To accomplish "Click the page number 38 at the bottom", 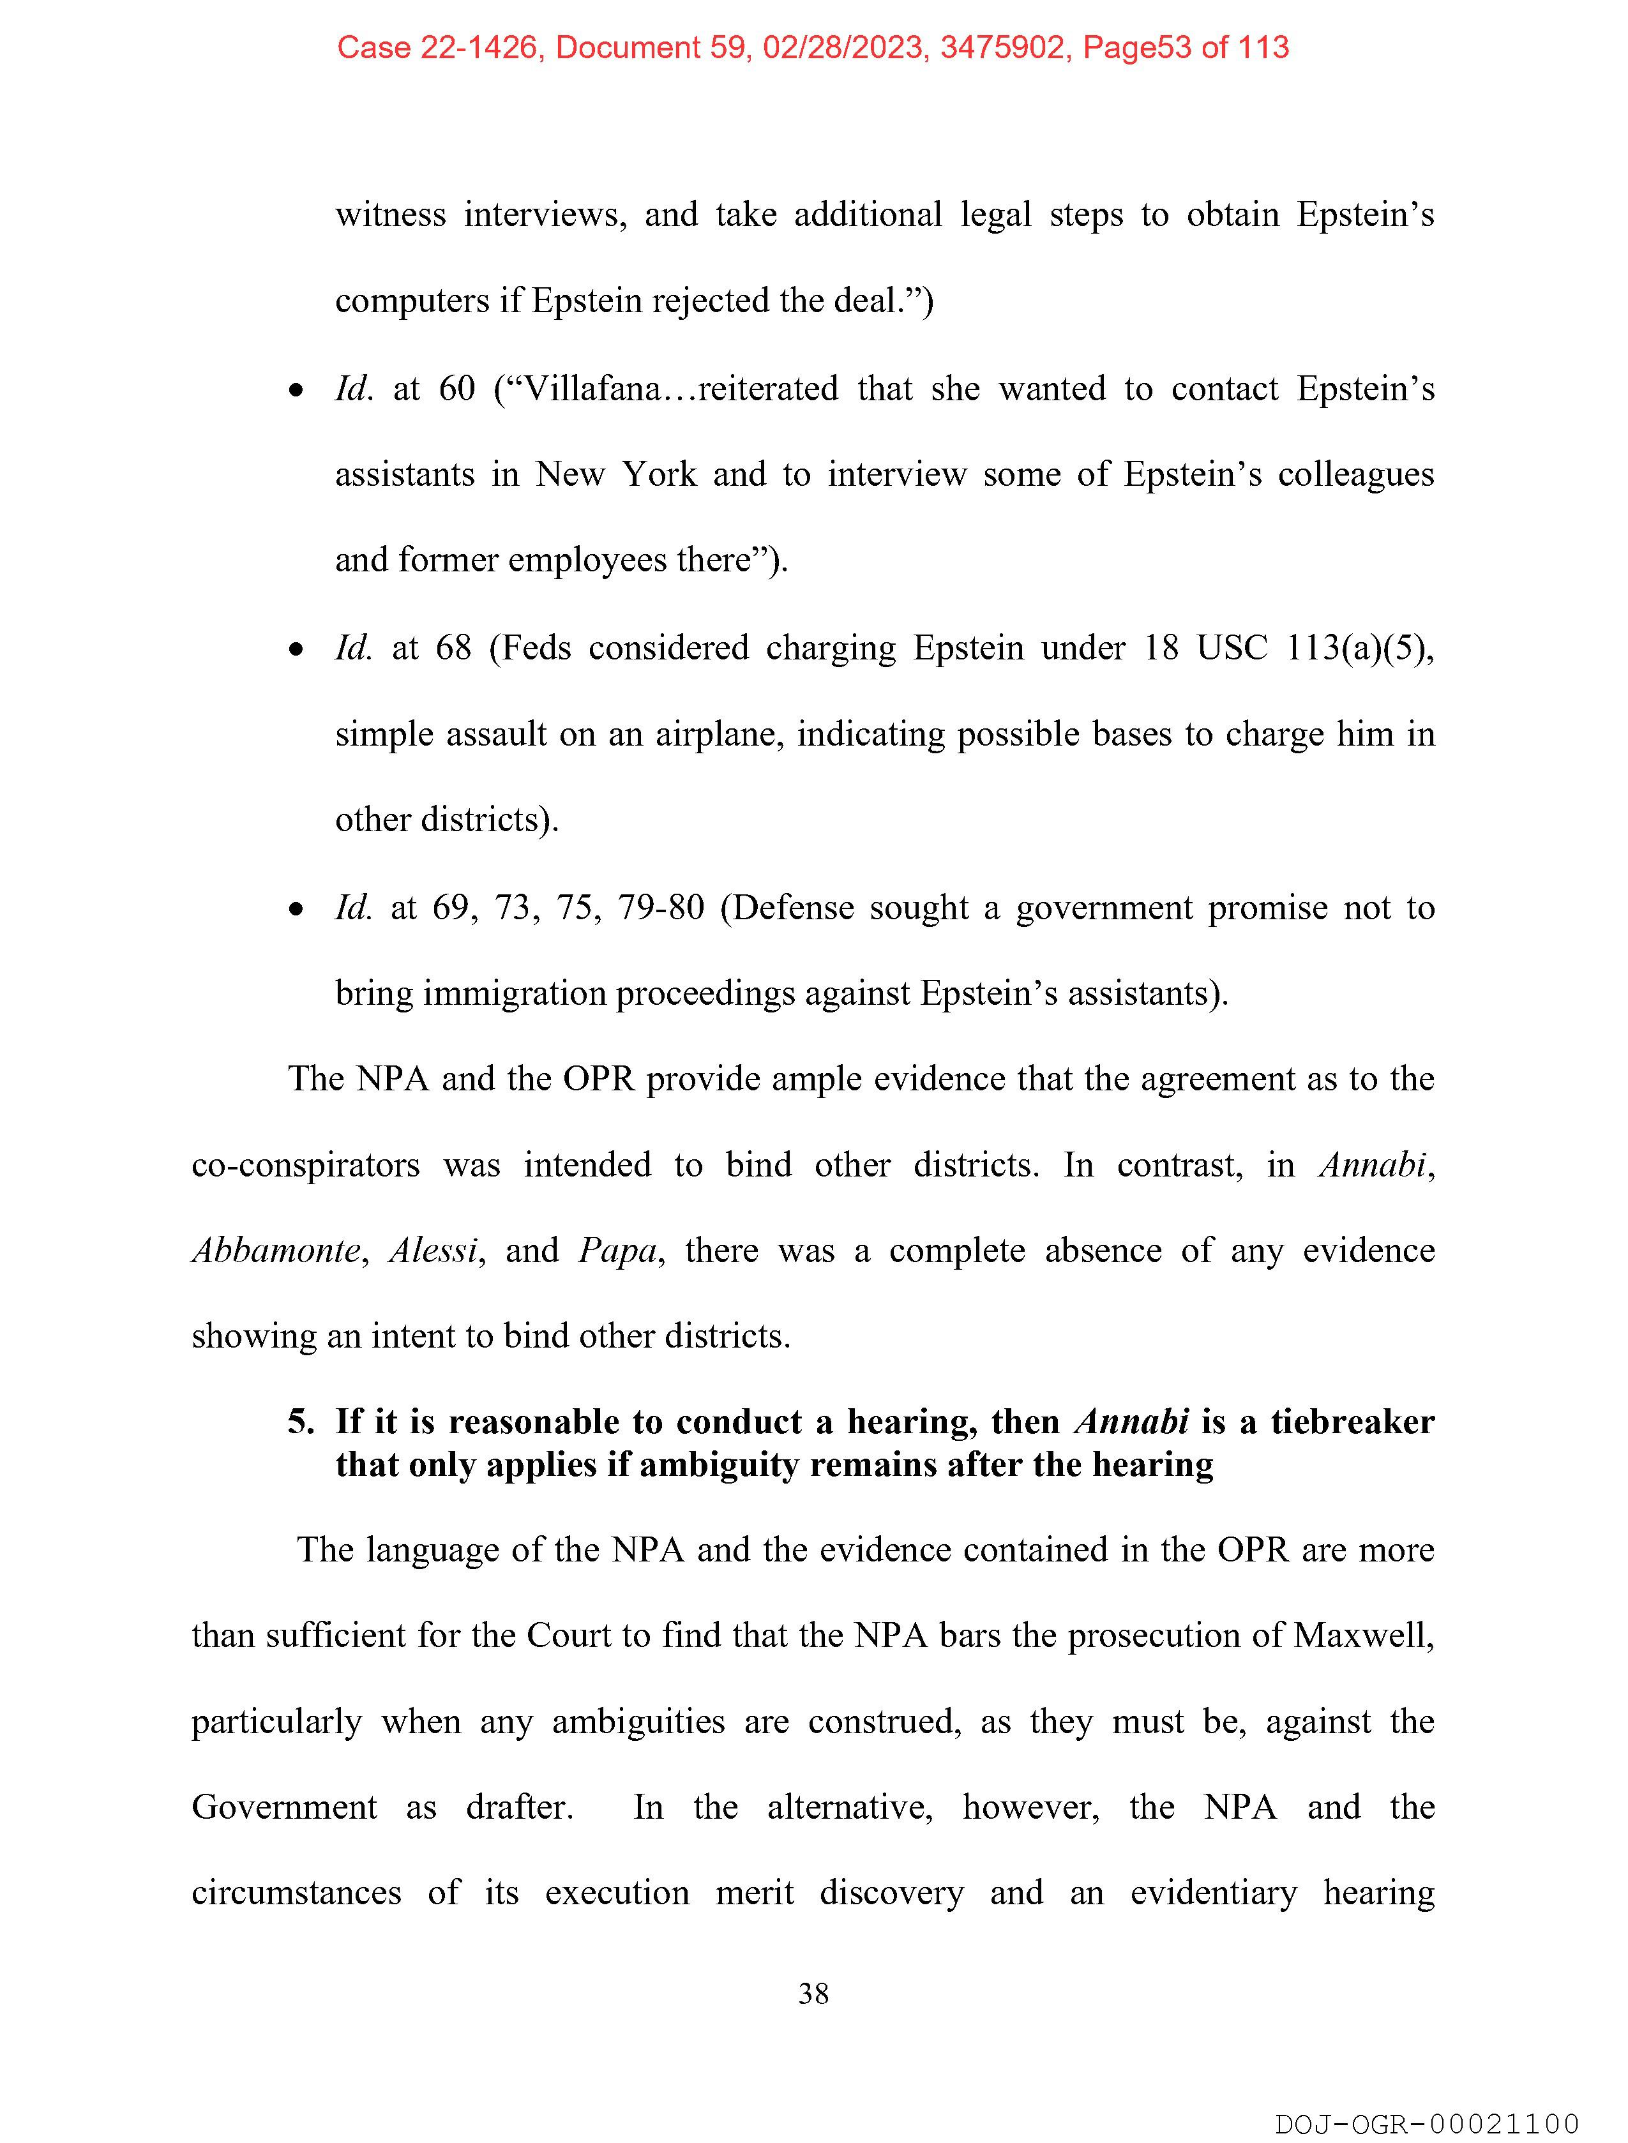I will click(x=813, y=1993).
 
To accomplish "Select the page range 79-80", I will click(x=661, y=907).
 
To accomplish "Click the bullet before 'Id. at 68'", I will click(x=296, y=650).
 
